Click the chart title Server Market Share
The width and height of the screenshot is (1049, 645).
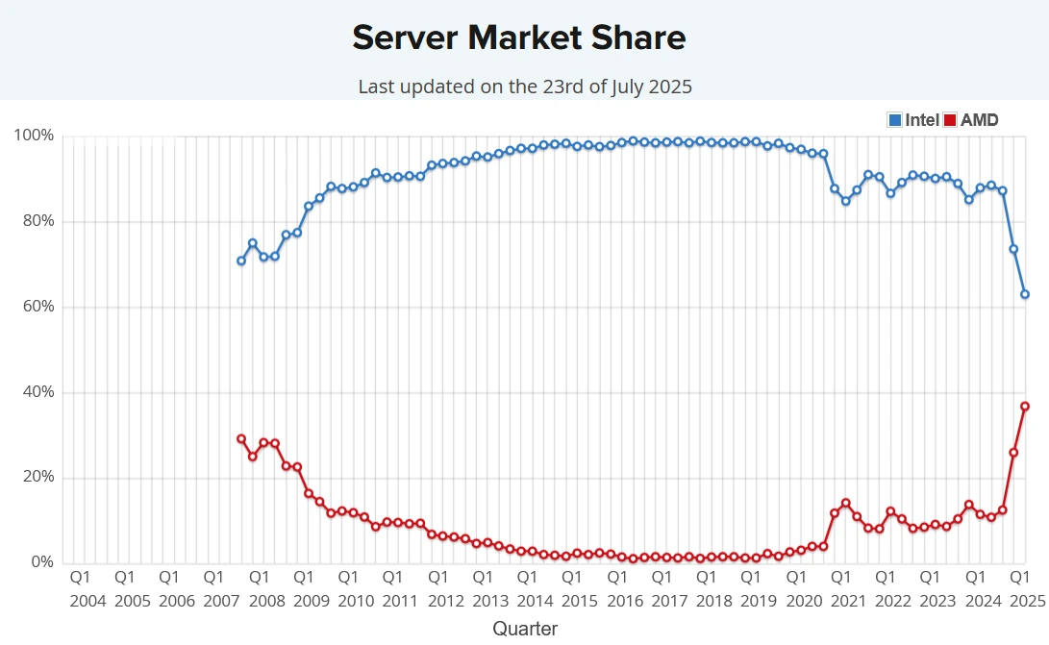pos(519,37)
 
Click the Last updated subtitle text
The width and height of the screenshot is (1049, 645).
pos(525,87)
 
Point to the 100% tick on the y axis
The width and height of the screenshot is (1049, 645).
pos(34,136)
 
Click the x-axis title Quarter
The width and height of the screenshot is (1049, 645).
pos(525,629)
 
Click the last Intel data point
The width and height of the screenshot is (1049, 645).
pos(1025,294)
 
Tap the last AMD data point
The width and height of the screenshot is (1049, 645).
pos(1025,407)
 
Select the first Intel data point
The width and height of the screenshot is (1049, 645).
pos(241,260)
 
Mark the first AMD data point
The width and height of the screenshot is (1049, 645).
pos(241,438)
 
